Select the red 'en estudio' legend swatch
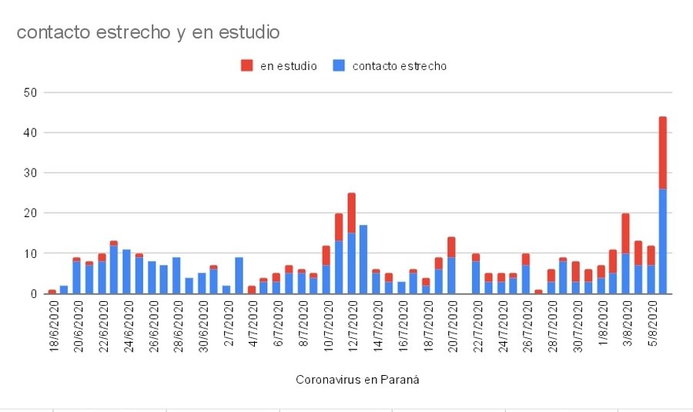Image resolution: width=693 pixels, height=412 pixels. pyautogui.click(x=247, y=65)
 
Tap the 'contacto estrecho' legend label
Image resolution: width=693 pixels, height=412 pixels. pyautogui.click(x=399, y=66)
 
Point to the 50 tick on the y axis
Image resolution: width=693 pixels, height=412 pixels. pyautogui.click(x=32, y=92)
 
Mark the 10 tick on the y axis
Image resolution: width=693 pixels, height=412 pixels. pyautogui.click(x=32, y=253)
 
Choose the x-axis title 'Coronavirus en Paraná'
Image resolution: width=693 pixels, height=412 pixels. pyautogui.click(x=357, y=380)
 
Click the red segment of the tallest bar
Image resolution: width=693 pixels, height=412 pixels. pyautogui.click(x=662, y=152)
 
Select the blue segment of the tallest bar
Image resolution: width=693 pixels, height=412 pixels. pyautogui.click(x=662, y=241)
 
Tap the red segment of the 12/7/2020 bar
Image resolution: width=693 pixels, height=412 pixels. pyautogui.click(x=351, y=213)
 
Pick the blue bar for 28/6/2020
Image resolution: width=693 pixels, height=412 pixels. pyautogui.click(x=176, y=275)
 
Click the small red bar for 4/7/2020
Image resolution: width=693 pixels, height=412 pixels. pyautogui.click(x=252, y=289)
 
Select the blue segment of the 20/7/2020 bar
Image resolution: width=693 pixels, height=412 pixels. pyautogui.click(x=451, y=275)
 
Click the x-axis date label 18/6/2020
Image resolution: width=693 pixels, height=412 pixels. pyautogui.click(x=52, y=327)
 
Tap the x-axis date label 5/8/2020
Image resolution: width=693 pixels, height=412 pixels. pyautogui.click(x=650, y=324)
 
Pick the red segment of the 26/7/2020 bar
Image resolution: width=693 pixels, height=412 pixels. pyautogui.click(x=525, y=259)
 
